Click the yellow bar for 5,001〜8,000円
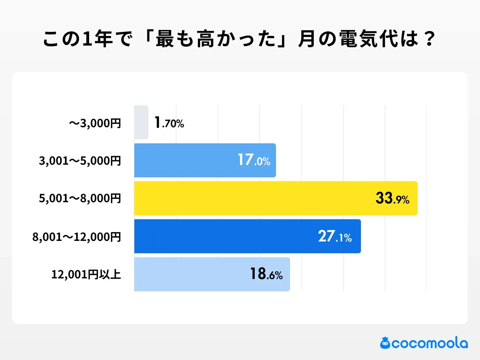(255, 198)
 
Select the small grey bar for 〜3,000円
(141, 122)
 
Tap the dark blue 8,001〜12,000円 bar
(225, 236)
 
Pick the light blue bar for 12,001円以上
(192, 274)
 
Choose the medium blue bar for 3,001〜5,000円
(186, 160)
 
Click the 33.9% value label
(392, 199)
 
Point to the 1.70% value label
(169, 123)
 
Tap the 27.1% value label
(334, 236)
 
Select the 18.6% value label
(266, 274)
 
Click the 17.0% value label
(254, 160)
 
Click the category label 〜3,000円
(95, 123)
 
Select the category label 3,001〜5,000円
(80, 161)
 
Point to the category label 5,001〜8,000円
(80, 198)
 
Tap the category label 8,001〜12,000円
(76, 237)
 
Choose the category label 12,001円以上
(86, 274)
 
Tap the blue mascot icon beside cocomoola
(385, 343)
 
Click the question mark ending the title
(430, 39)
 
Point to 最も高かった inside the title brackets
(215, 39)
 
